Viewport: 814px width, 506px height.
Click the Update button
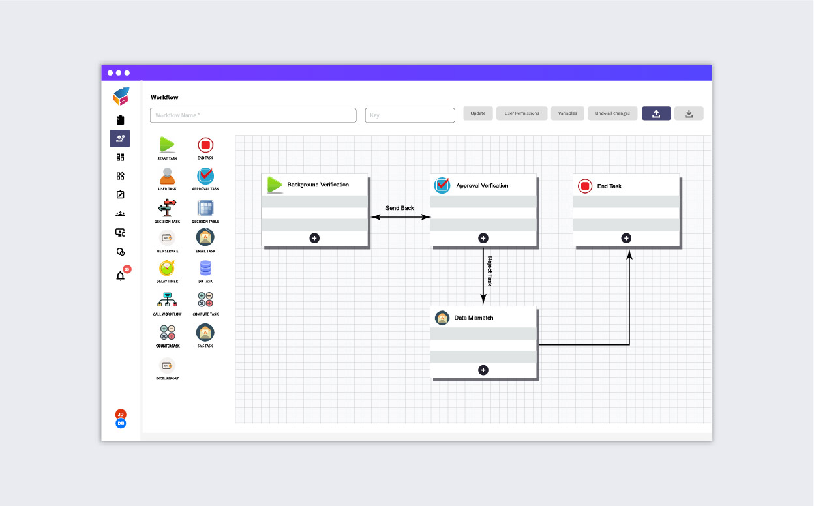(x=478, y=113)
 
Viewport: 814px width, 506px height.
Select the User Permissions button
(x=522, y=113)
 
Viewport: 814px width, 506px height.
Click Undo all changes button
(x=612, y=113)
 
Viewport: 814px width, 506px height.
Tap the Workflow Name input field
(x=253, y=115)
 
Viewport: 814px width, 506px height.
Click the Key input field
(x=410, y=115)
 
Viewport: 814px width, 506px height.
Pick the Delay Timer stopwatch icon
(x=167, y=267)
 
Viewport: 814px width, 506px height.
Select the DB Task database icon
(x=205, y=267)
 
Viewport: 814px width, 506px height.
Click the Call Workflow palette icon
(x=167, y=300)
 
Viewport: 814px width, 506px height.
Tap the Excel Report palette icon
(x=167, y=365)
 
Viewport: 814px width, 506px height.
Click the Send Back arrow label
(x=400, y=208)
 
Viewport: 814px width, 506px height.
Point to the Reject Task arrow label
(x=490, y=271)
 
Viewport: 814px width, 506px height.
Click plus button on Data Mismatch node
(x=483, y=370)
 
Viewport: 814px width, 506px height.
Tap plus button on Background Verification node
(x=314, y=238)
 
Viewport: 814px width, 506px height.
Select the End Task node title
(x=609, y=186)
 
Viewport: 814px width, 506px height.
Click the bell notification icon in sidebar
(x=120, y=276)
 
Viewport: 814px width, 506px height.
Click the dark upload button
(x=656, y=113)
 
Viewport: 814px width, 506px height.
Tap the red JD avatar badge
(x=120, y=415)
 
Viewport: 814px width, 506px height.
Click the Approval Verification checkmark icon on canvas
(x=442, y=185)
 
